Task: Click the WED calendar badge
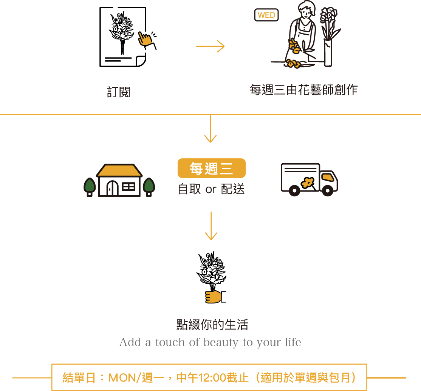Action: pos(266,15)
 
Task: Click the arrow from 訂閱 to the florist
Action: pos(210,46)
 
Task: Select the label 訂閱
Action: pos(119,92)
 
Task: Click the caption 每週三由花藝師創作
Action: pos(303,90)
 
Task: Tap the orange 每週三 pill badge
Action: pos(212,168)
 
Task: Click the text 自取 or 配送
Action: pos(211,189)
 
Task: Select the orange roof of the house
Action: pos(119,170)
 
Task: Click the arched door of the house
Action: pos(112,188)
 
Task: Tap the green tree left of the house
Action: pos(90,186)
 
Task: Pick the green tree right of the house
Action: pos(149,186)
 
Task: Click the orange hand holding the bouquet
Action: pos(214,297)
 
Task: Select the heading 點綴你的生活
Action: pos(212,325)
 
